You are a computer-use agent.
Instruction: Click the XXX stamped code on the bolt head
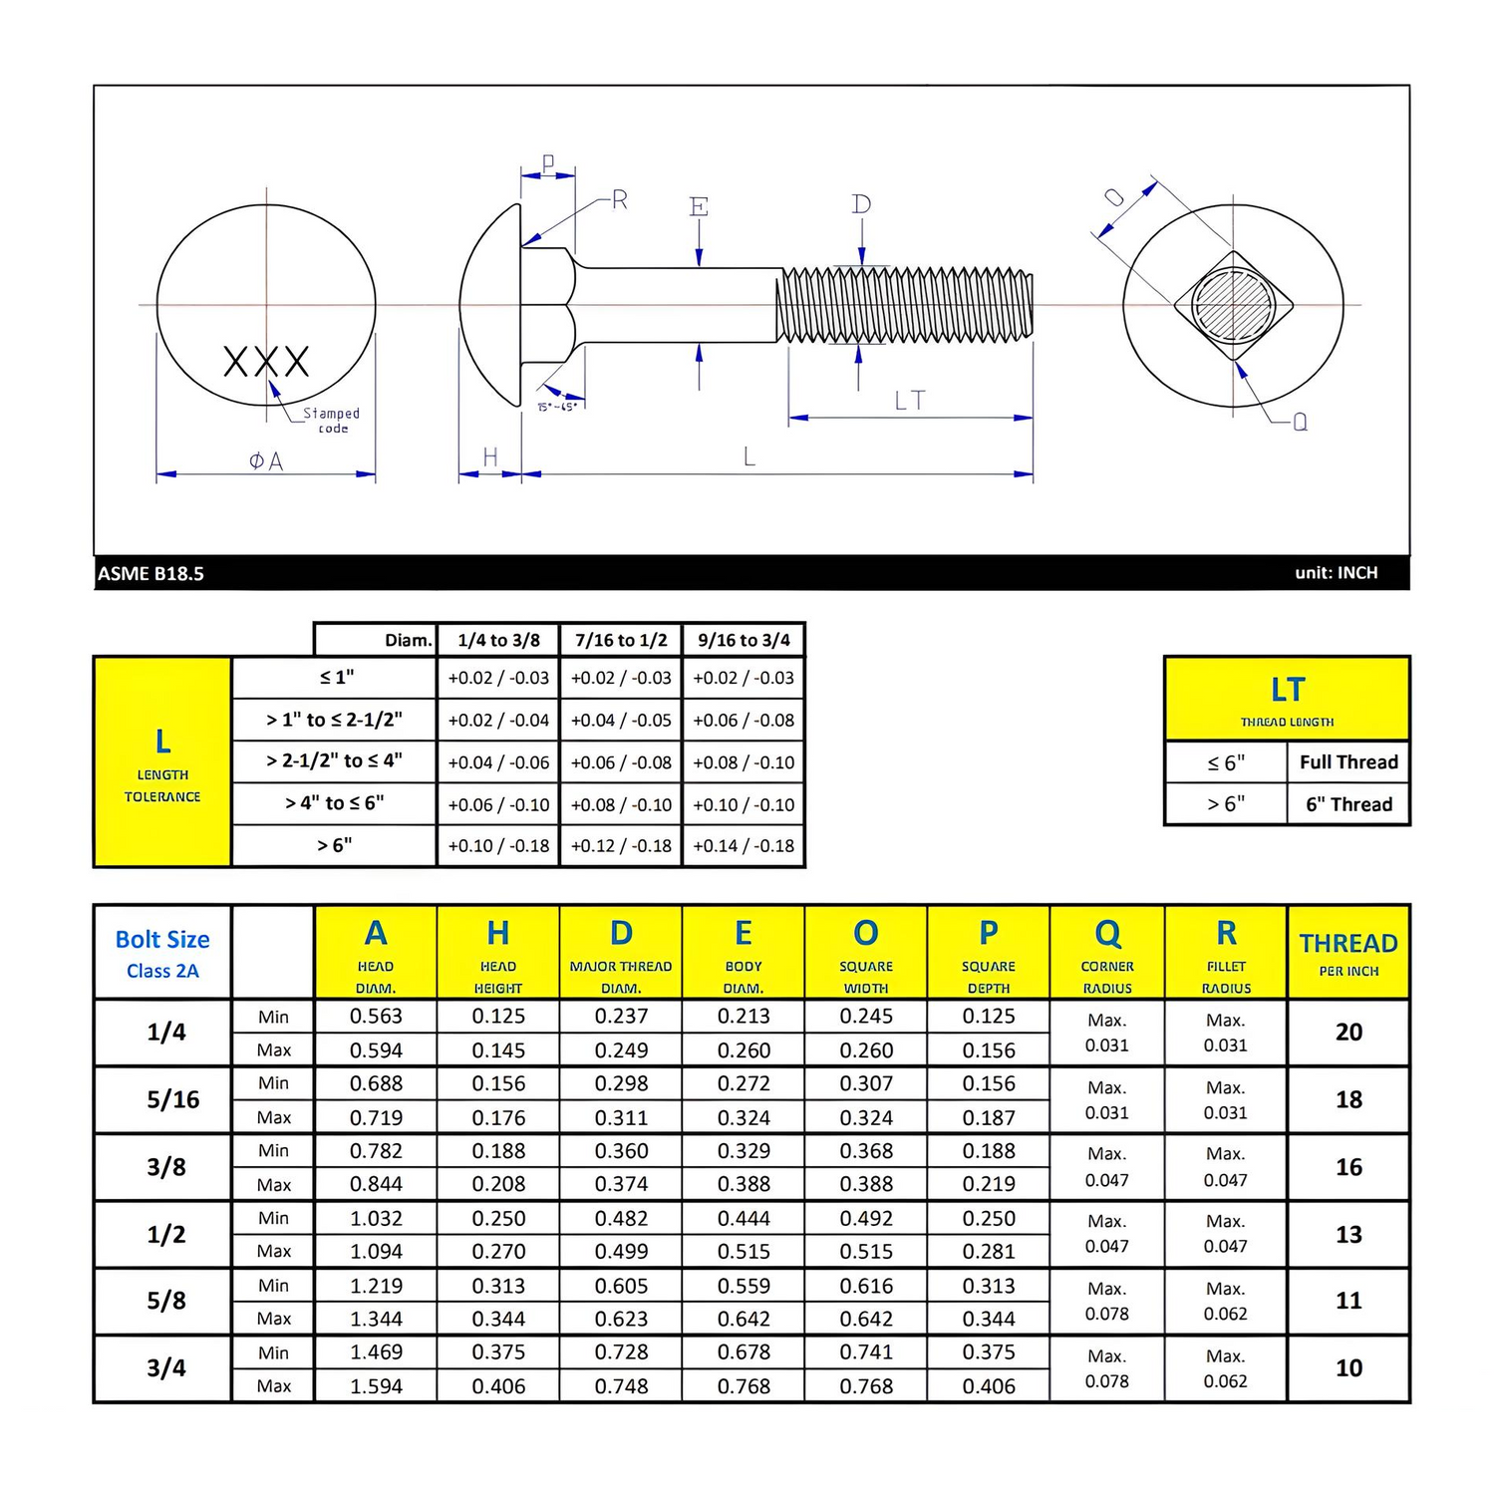point(266,361)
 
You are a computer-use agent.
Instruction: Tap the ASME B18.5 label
point(150,573)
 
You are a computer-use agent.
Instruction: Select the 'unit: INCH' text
point(1336,573)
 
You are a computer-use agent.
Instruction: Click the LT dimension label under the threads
point(909,401)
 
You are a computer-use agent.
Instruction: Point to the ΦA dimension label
point(266,461)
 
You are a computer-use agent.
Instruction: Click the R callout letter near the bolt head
point(620,200)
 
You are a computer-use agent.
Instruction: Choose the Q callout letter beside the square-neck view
point(1300,423)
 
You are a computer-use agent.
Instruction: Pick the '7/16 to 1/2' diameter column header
point(621,640)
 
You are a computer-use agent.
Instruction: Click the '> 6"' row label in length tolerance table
point(334,845)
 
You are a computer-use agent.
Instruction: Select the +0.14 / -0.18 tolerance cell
point(744,845)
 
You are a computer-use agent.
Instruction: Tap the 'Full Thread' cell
point(1348,762)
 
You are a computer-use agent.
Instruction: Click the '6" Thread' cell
point(1348,804)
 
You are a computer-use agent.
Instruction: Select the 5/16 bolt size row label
point(172,1099)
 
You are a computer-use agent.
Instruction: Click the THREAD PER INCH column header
point(1348,952)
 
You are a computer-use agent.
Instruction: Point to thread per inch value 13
point(1348,1234)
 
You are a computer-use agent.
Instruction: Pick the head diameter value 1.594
point(376,1385)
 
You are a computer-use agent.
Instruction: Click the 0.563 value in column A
point(376,1017)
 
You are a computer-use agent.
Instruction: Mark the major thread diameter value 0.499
point(621,1251)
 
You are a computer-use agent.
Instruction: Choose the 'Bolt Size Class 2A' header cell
point(162,952)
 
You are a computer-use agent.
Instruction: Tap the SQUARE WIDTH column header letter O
point(865,934)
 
